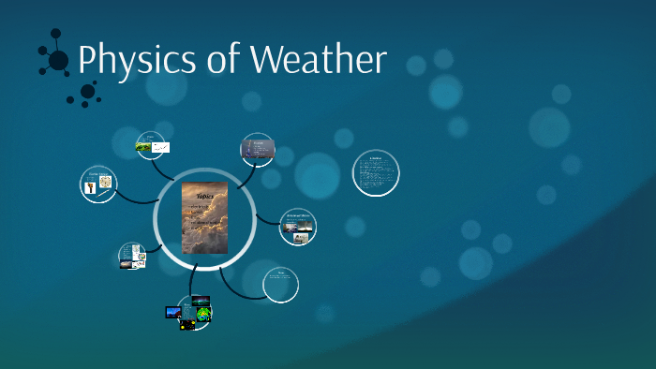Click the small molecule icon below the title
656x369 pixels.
point(86,93)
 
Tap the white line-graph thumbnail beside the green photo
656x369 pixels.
point(160,147)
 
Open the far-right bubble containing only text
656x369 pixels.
point(376,174)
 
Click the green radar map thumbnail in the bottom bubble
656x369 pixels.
point(203,313)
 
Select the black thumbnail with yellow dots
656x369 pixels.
point(187,324)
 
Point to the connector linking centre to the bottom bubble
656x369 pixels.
point(194,277)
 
